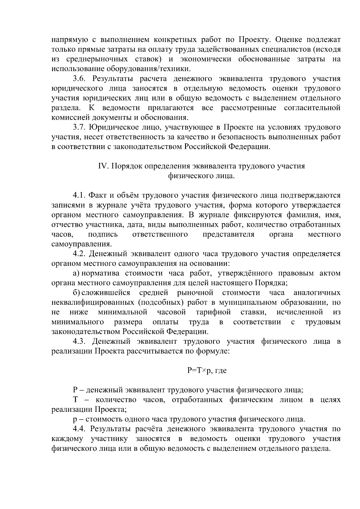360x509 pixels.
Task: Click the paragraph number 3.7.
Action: [x=79, y=127]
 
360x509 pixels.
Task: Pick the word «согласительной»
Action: [x=312, y=108]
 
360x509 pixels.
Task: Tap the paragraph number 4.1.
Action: [x=79, y=196]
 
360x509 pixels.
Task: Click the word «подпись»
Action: [x=103, y=234]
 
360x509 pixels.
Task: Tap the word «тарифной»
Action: [x=213, y=312]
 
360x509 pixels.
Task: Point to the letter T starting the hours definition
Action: [x=75, y=400]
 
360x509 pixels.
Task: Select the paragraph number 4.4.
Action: [x=79, y=429]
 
